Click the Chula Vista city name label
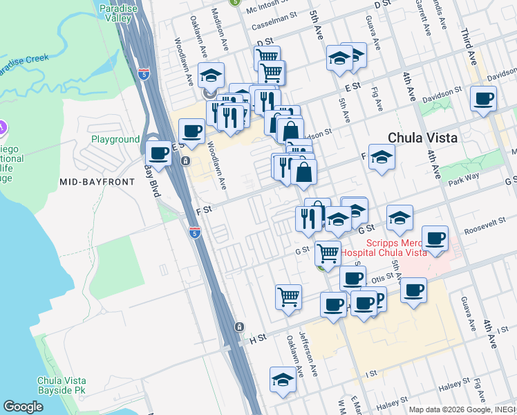click(x=422, y=138)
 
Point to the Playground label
click(x=115, y=139)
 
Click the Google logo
click(x=23, y=407)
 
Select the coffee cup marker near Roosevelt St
click(x=435, y=239)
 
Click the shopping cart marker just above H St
click(x=288, y=297)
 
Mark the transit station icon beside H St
click(x=238, y=326)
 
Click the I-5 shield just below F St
click(x=194, y=232)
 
